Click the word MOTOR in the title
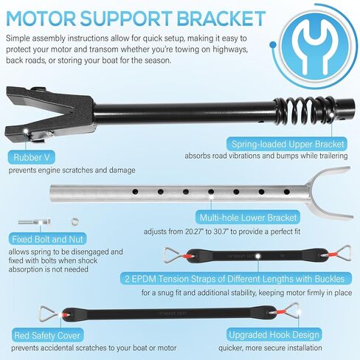41,18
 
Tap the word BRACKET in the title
221,18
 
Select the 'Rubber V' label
32,157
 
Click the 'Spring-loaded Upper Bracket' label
288,144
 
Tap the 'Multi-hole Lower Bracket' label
248,218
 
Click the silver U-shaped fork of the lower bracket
330,191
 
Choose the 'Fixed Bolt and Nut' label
47,239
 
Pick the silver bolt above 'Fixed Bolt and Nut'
34,222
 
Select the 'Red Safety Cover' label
47,336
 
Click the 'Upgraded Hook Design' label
274,335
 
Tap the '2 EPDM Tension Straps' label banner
236,279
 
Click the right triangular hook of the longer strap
291,311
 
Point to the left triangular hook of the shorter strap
172,256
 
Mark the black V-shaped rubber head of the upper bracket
49,114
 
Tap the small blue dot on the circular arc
273,45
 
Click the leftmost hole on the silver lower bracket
135,191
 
